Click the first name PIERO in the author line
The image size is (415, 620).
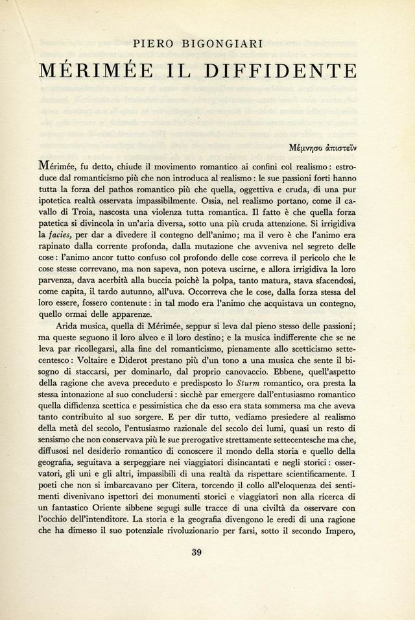154,44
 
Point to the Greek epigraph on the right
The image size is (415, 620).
323,147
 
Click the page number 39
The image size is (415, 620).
198,553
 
